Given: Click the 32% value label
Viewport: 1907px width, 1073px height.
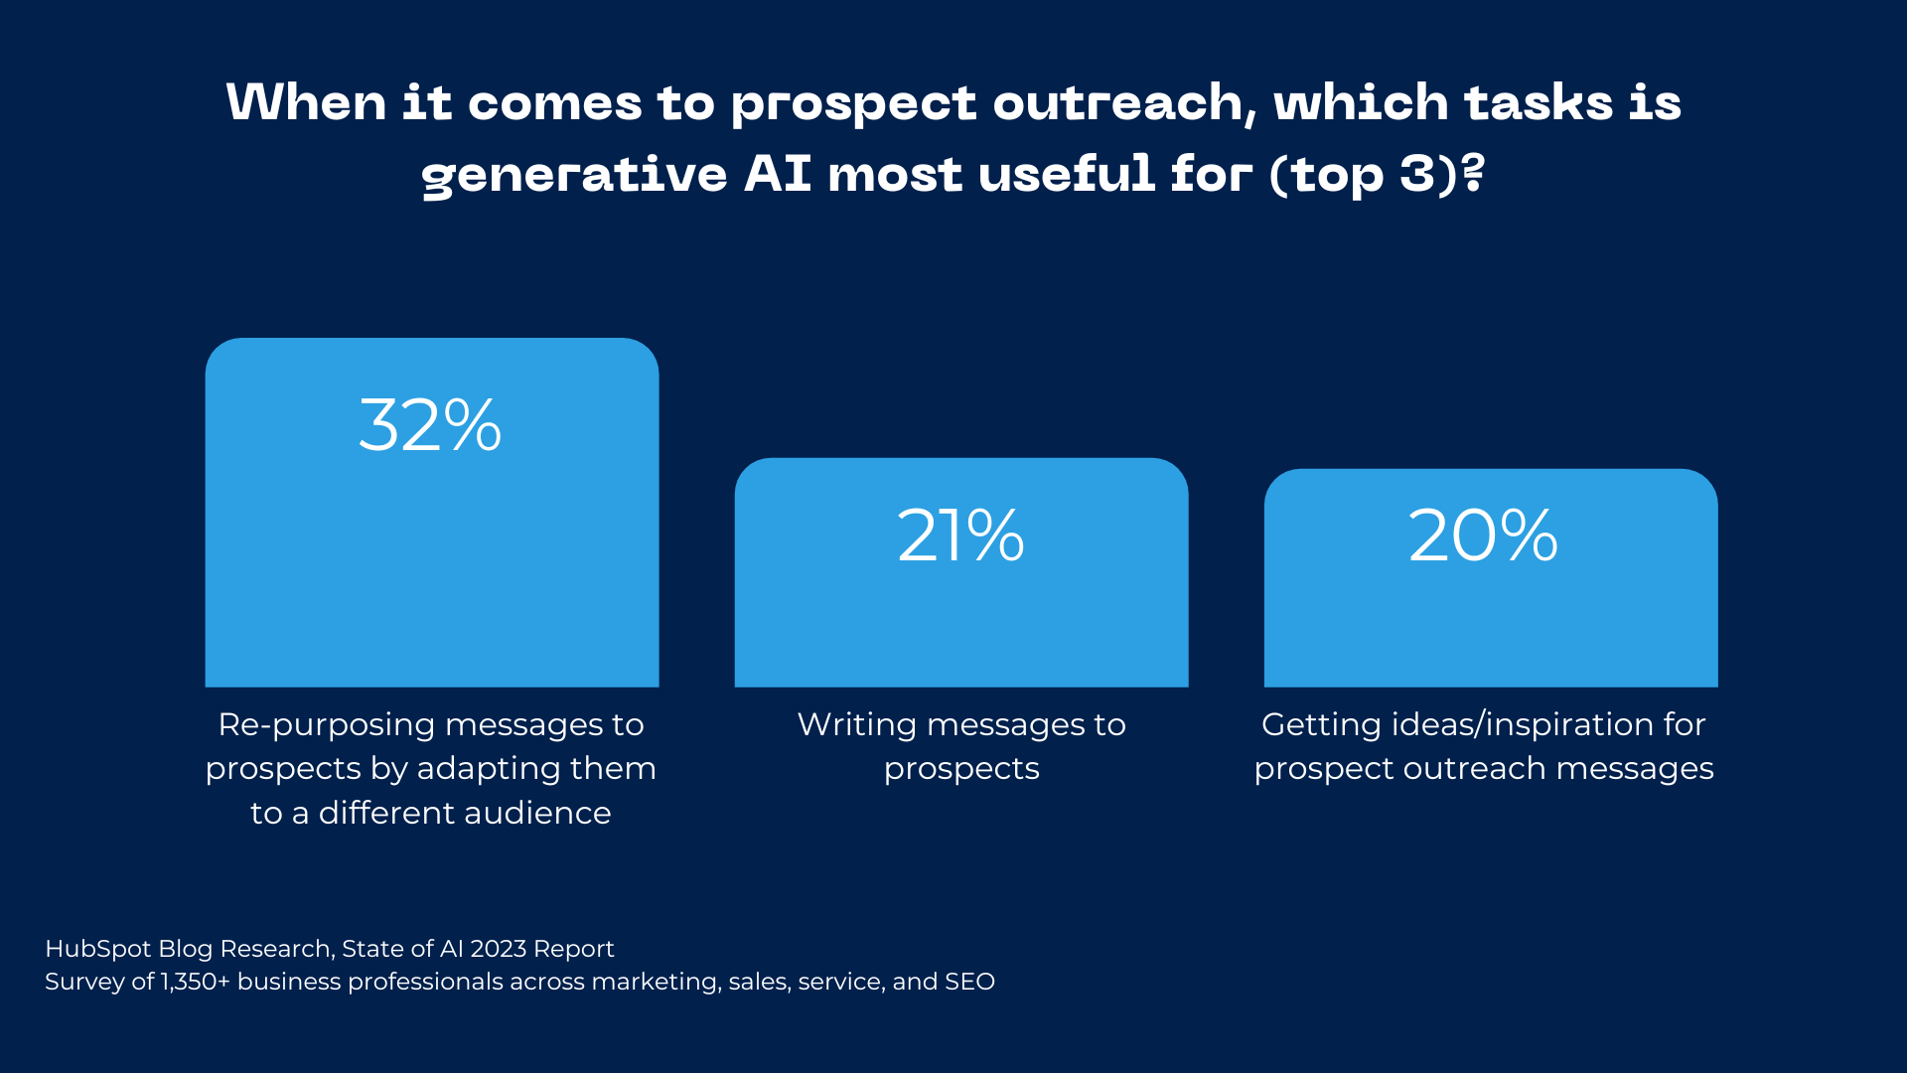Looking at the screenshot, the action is coord(430,425).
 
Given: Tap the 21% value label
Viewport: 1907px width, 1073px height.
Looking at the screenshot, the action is coord(960,536).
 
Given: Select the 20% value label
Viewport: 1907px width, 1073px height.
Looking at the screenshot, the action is coord(1483,536).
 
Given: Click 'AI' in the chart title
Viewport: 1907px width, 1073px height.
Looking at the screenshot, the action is coord(778,173).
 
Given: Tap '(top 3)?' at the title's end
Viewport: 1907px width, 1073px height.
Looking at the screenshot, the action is coord(1378,175).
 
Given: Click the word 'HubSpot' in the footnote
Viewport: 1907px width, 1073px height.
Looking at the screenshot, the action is coord(98,950).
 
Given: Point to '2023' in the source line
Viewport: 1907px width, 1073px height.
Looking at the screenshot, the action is coord(499,949).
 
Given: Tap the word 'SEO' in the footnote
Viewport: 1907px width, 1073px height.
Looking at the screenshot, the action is coord(969,982).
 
